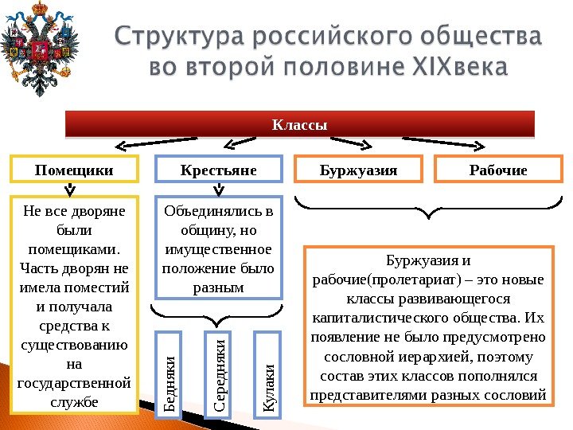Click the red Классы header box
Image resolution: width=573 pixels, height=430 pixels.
[x=300, y=125]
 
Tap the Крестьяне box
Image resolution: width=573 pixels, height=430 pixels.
[x=219, y=170]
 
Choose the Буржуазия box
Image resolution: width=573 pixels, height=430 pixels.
[x=358, y=170]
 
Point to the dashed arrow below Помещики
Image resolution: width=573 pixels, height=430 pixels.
[x=70, y=190]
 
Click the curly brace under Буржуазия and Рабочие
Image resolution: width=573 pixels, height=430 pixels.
[x=430, y=211]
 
